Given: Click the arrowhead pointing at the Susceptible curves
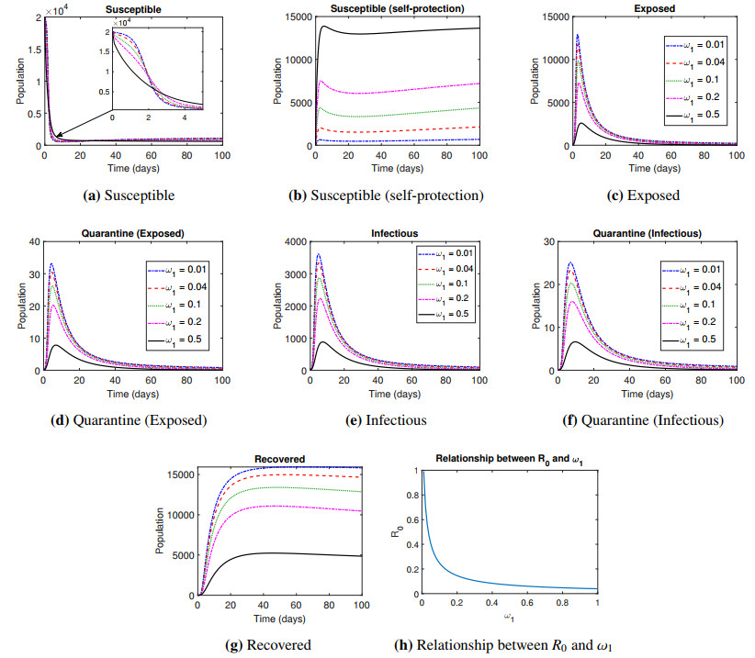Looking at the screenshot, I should [x=56, y=136].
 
